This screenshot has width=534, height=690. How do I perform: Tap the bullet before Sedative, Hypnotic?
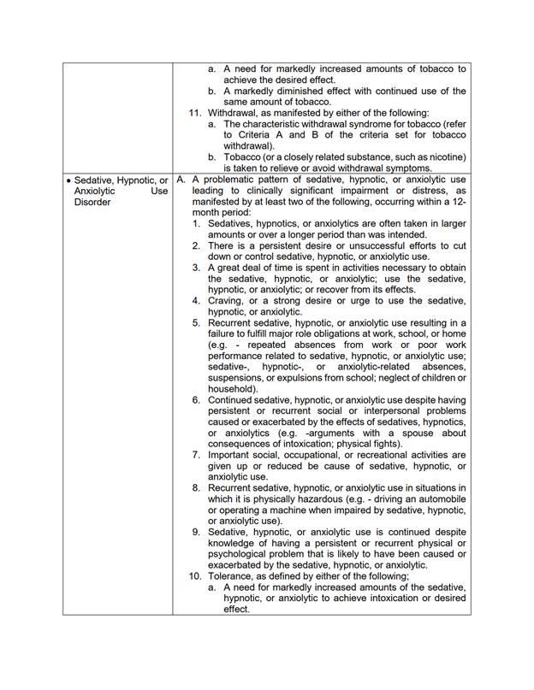point(68,180)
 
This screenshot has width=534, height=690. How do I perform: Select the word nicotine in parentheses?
point(443,157)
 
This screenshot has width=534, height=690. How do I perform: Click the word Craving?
point(228,300)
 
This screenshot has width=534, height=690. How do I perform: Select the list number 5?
point(196,322)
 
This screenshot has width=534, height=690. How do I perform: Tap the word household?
point(232,389)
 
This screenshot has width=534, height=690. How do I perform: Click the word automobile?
point(436,498)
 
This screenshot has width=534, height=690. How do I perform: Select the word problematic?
point(230,180)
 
